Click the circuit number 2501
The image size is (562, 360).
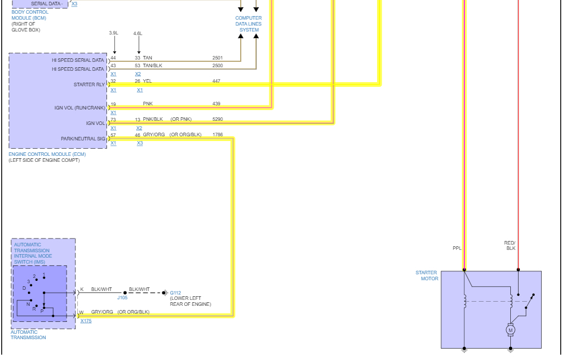point(217,58)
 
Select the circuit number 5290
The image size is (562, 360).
point(217,119)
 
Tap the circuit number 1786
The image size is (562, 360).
point(217,134)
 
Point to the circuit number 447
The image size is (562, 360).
point(216,80)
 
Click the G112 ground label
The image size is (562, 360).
point(175,293)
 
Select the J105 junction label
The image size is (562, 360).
point(123,298)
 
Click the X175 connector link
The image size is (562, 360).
point(86,321)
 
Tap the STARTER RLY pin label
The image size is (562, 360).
point(89,84)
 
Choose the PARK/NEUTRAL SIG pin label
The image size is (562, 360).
point(83,139)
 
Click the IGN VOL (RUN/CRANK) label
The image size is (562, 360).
point(80,108)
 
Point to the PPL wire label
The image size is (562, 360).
point(457,249)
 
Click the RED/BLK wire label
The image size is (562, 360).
point(510,245)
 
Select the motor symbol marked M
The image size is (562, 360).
point(510,329)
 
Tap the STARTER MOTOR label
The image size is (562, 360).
point(426,276)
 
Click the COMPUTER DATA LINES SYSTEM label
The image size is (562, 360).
point(249,24)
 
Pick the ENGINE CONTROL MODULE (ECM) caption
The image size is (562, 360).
point(47,154)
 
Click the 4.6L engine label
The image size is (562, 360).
point(138,33)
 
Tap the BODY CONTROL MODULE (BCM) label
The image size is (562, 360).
point(30,15)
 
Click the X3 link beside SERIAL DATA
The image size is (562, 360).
point(74,4)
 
